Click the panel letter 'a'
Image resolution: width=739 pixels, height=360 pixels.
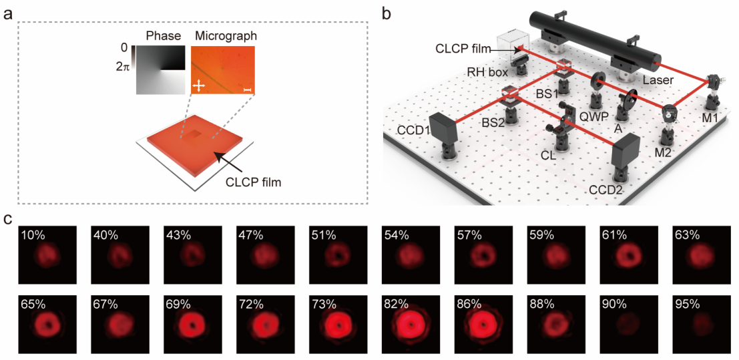(x=7, y=14)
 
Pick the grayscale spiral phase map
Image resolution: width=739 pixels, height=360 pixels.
(x=161, y=70)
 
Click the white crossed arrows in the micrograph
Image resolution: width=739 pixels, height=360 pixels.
(x=199, y=85)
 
